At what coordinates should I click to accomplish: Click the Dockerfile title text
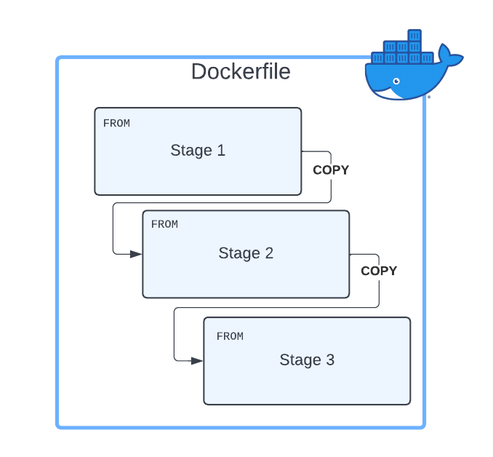click(x=241, y=72)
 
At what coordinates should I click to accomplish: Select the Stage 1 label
click(x=198, y=151)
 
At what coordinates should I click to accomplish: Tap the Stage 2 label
click(x=246, y=253)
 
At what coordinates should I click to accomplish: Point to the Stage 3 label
click(x=307, y=360)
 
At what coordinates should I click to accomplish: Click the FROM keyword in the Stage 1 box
click(x=116, y=124)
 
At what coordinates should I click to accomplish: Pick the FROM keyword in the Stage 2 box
click(x=164, y=224)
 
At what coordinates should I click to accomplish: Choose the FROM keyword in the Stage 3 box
click(x=230, y=336)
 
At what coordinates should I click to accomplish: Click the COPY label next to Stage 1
click(x=331, y=170)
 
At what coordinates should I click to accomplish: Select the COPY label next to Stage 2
click(x=379, y=271)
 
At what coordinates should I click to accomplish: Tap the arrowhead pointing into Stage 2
click(x=136, y=254)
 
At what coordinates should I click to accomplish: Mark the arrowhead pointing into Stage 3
click(x=197, y=360)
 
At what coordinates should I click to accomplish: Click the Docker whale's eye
click(x=396, y=81)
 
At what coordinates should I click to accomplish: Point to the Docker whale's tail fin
click(x=450, y=59)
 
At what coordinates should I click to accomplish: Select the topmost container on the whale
click(x=414, y=35)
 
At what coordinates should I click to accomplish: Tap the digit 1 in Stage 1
click(x=221, y=151)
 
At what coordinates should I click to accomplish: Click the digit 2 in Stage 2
click(x=269, y=253)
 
